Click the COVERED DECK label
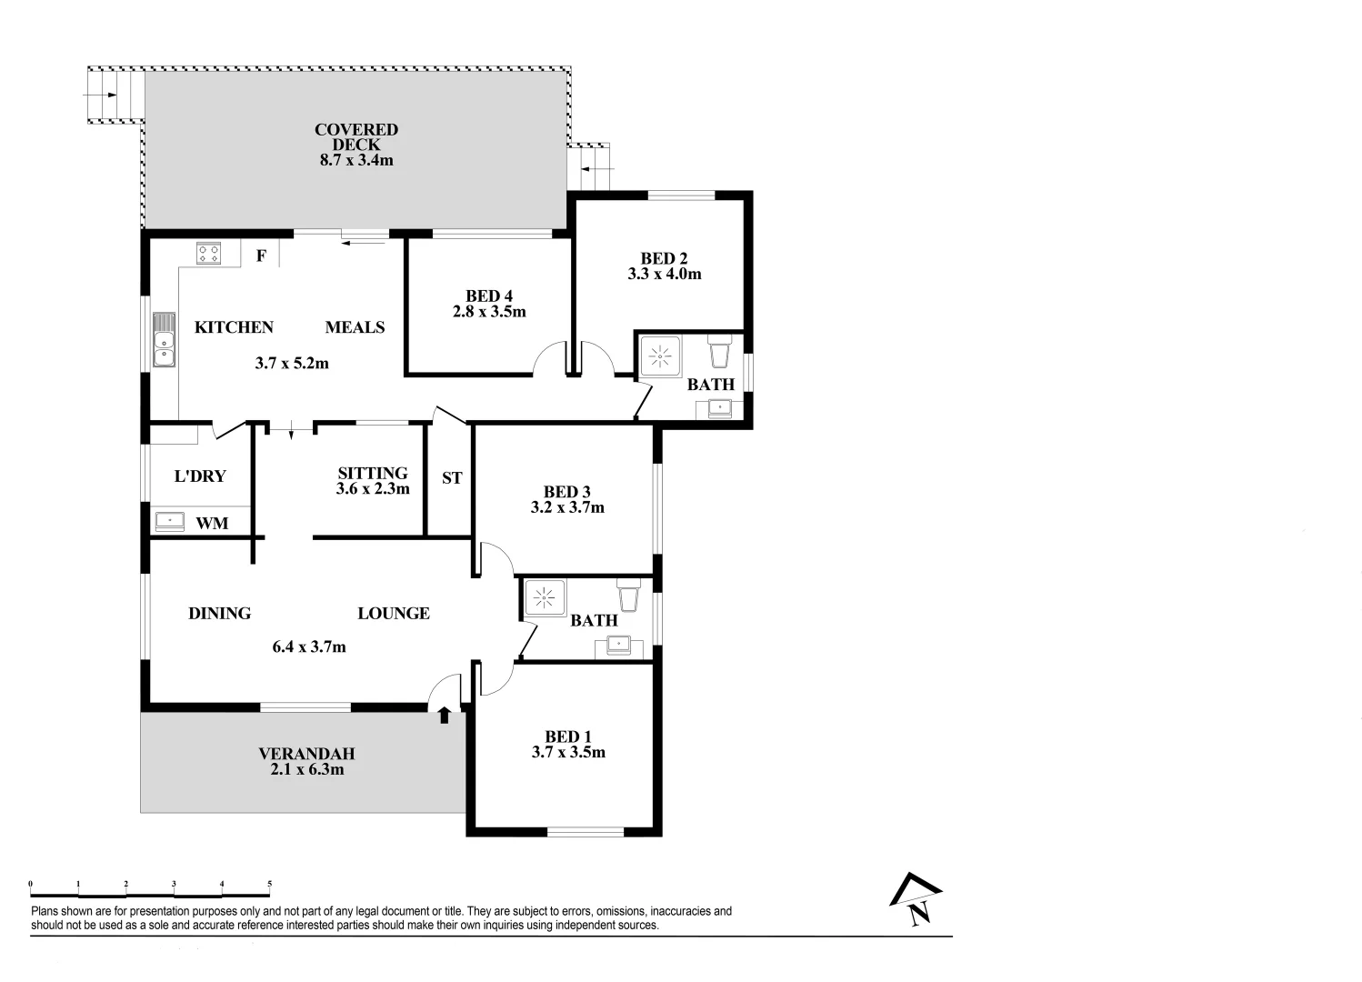356,130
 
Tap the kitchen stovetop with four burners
208,253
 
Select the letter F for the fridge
261,256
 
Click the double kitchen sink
164,339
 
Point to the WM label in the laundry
212,523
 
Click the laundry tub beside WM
169,521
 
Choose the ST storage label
452,477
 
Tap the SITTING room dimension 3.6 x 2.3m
373,488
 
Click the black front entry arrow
444,715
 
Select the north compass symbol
916,900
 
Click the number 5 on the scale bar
269,884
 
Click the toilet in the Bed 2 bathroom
719,350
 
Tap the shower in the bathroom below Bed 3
544,598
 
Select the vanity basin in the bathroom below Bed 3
619,645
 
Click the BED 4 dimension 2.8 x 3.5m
489,311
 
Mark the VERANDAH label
306,754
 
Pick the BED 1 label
567,736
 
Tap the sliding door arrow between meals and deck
364,241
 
